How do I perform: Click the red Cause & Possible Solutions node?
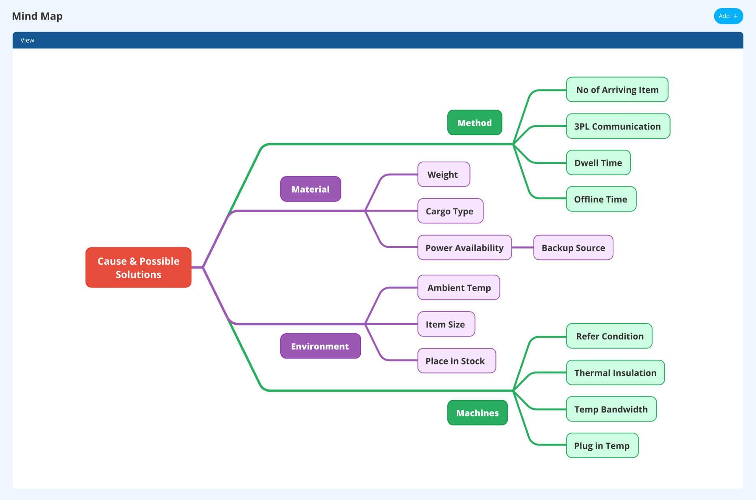(x=138, y=268)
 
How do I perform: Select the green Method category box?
(x=474, y=123)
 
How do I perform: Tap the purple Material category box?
(x=310, y=189)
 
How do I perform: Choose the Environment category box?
(x=320, y=346)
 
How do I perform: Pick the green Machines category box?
(x=477, y=413)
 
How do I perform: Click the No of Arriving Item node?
(x=617, y=90)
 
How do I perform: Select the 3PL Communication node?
(x=618, y=126)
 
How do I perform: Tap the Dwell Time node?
(x=598, y=163)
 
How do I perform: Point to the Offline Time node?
(x=601, y=199)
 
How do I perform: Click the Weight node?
(x=443, y=175)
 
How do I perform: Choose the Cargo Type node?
(x=450, y=211)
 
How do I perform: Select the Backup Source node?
(x=573, y=248)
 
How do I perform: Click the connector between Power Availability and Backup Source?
(x=523, y=248)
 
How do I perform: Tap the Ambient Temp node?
(x=459, y=288)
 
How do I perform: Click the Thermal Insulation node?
(x=615, y=373)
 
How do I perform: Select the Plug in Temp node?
(x=602, y=446)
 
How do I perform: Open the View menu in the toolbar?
(x=27, y=40)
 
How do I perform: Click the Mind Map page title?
(x=37, y=16)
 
